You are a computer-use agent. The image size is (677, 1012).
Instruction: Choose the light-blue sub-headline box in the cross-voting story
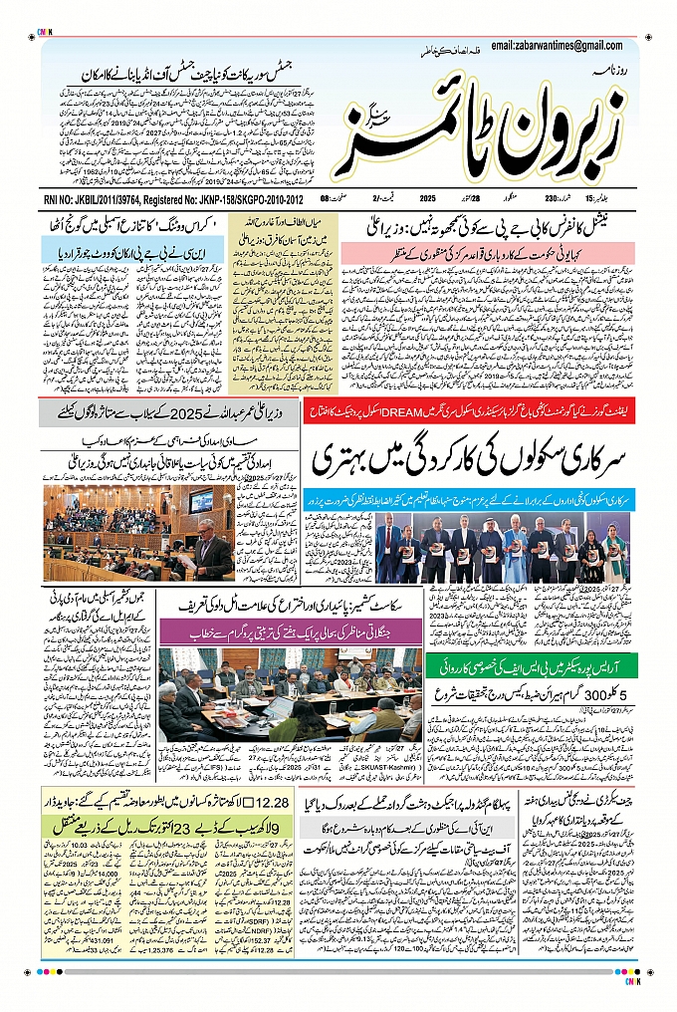click(x=109, y=253)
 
